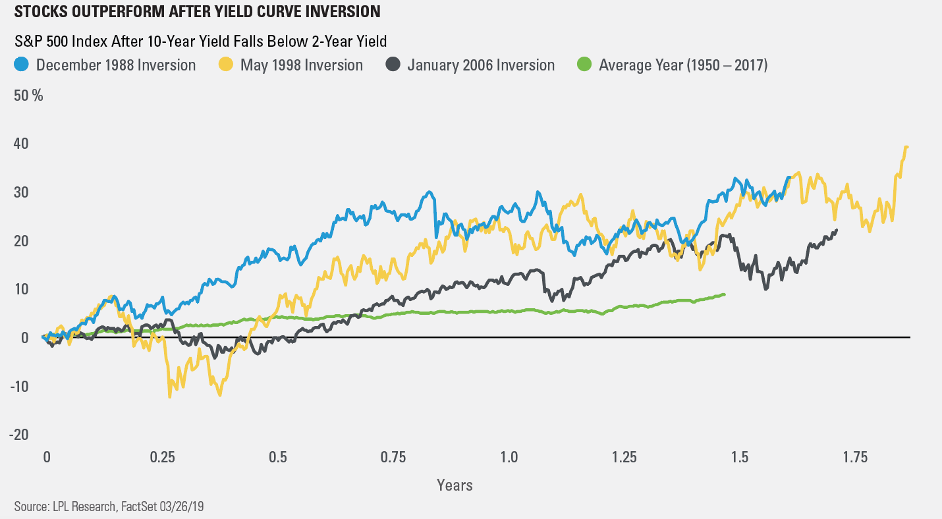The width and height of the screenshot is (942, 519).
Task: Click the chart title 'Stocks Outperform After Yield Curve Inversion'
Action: point(196,12)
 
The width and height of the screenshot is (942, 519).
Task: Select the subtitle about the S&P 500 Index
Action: point(200,41)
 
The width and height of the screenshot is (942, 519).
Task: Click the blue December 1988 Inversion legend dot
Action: point(22,65)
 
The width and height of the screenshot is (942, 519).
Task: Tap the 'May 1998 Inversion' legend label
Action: point(302,65)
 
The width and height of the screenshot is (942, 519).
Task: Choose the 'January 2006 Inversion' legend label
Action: point(481,65)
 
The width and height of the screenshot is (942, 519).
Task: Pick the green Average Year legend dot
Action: point(584,65)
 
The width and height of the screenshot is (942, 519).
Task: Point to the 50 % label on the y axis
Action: point(28,96)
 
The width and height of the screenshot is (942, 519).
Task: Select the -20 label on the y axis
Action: point(20,434)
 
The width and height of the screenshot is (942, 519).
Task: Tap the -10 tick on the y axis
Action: point(20,386)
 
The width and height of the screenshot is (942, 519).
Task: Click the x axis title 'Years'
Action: point(455,485)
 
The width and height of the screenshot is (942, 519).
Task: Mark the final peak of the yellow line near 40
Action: point(906,147)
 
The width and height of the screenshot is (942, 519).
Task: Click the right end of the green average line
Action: point(724,294)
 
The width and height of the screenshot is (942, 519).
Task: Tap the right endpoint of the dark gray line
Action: point(837,230)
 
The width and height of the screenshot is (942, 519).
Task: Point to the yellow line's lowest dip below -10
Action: point(169,397)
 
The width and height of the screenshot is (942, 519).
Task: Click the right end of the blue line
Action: point(789,177)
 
